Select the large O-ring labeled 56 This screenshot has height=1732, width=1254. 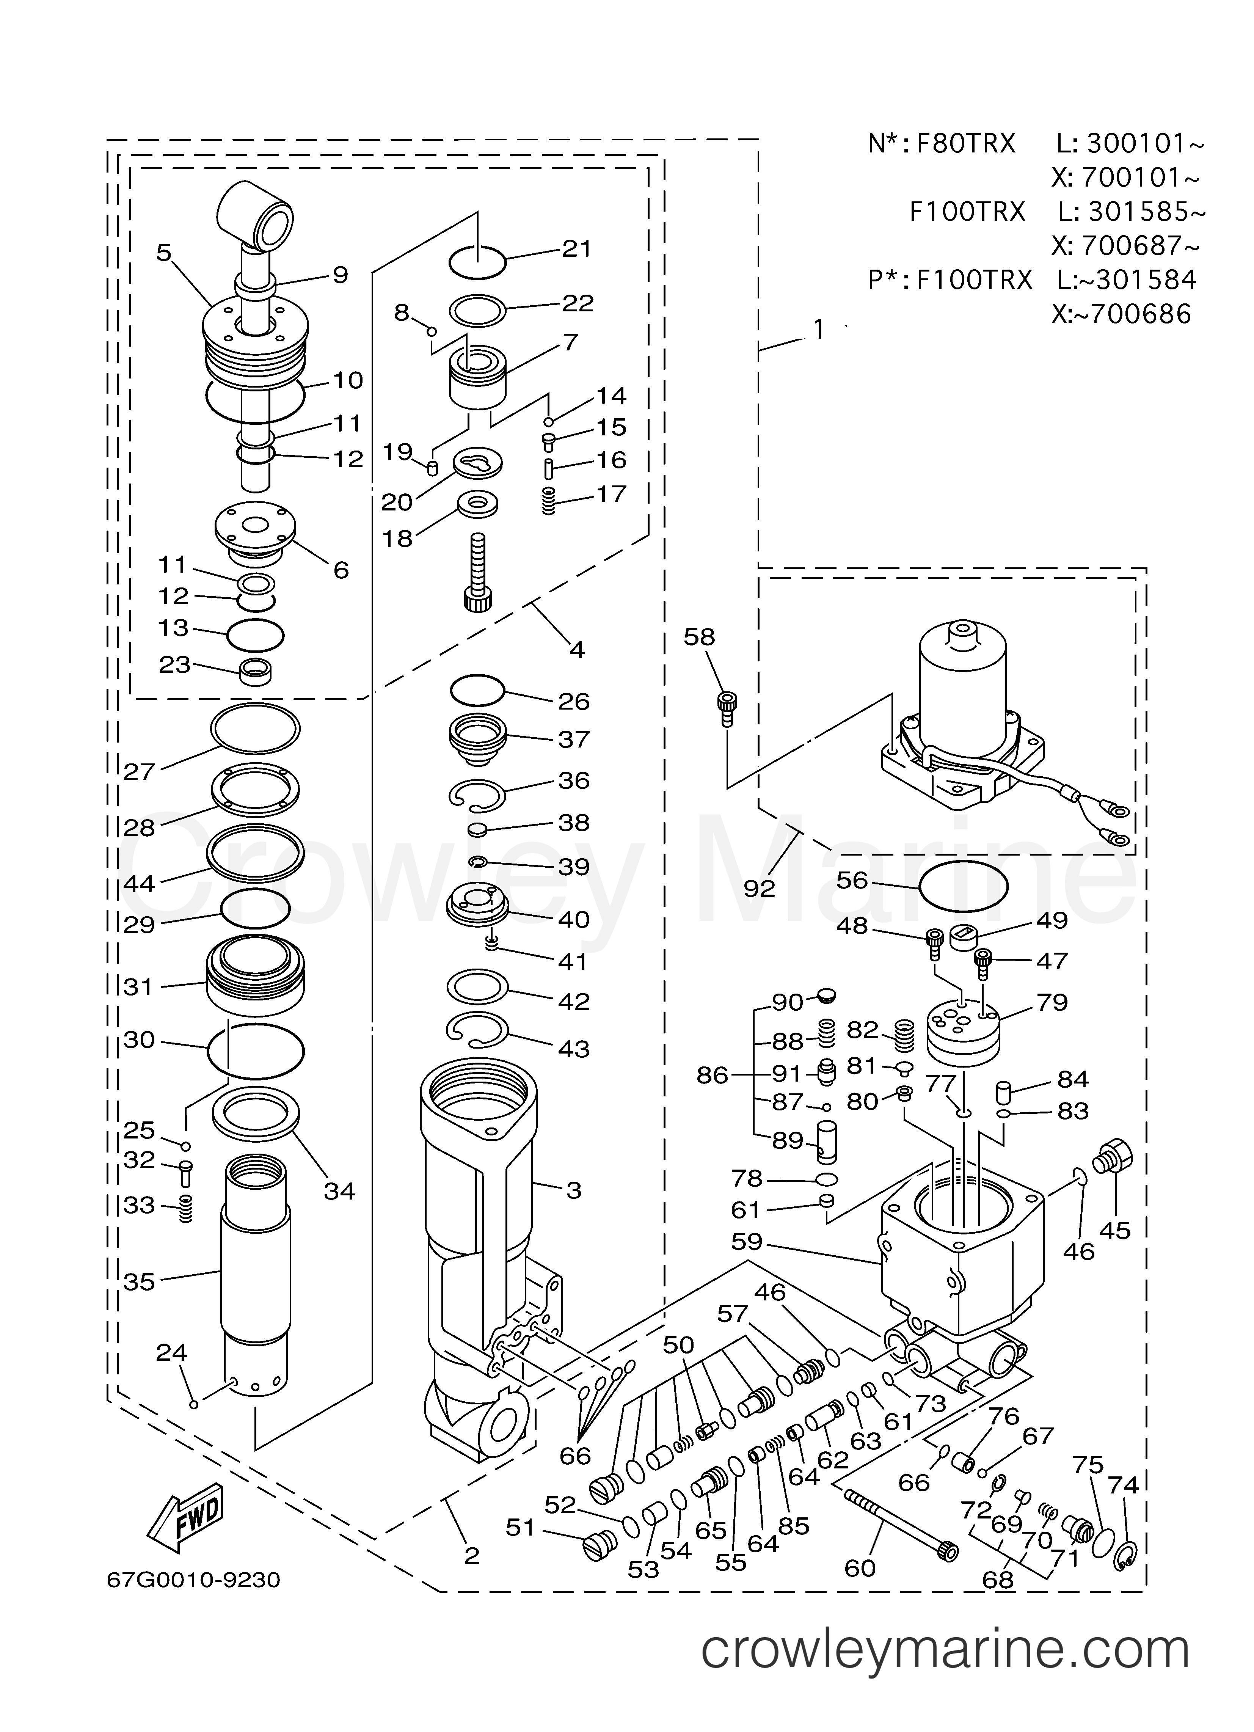click(963, 886)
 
